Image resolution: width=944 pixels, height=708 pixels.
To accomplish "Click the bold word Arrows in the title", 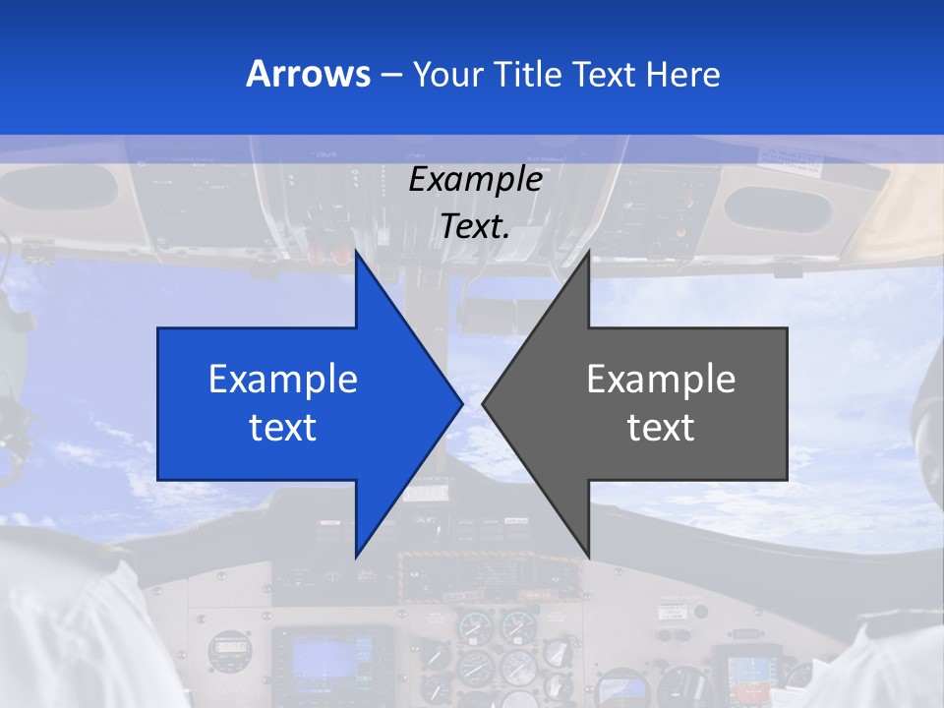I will point(308,74).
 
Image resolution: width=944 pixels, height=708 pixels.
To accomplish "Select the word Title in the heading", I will point(521,74).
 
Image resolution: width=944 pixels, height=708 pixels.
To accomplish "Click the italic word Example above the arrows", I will point(475,180).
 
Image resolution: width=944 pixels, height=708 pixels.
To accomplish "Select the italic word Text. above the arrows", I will point(475,227).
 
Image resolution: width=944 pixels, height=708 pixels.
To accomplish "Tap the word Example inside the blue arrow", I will point(283,380).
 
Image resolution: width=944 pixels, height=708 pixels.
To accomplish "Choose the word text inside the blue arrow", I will point(283,428).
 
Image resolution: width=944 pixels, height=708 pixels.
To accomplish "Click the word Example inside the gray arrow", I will point(661,380).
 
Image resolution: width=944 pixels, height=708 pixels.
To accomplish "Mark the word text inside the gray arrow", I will point(661,428).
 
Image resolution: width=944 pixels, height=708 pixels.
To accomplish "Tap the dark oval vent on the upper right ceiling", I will point(778,207).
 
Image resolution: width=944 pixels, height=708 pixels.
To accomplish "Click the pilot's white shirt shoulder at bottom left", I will point(69,610).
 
